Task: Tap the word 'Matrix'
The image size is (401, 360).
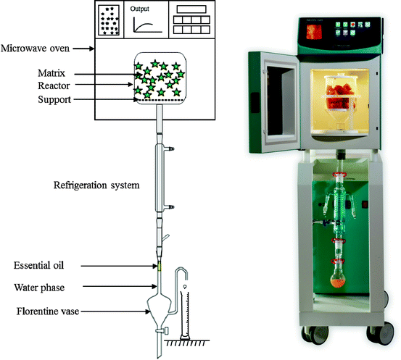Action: pos(54,73)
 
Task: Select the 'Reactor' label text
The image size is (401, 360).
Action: pos(56,85)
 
